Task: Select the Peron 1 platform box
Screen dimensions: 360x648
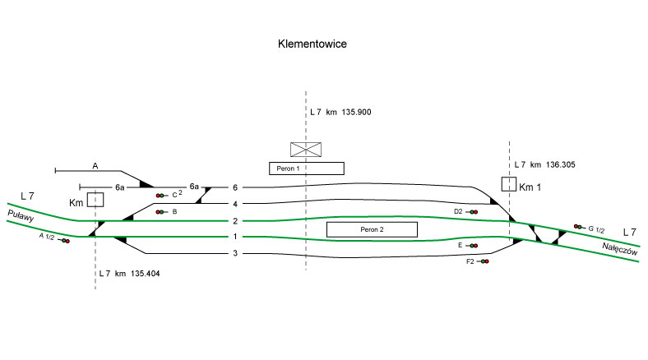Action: pyautogui.click(x=306, y=168)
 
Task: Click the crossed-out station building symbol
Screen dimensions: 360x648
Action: pyautogui.click(x=306, y=149)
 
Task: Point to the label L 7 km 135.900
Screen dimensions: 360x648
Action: pyautogui.click(x=340, y=112)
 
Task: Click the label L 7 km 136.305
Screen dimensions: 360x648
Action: pyautogui.click(x=544, y=165)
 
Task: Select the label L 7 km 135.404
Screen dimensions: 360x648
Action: pyautogui.click(x=128, y=273)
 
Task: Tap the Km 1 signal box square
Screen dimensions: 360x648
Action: pyautogui.click(x=509, y=184)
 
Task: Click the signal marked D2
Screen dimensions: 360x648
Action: pyautogui.click(x=474, y=212)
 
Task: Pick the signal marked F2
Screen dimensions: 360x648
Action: pyautogui.click(x=485, y=261)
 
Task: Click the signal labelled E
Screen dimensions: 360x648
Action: pyautogui.click(x=473, y=245)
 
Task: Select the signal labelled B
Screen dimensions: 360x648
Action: pyautogui.click(x=160, y=212)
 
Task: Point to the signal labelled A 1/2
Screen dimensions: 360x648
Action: pyautogui.click(x=65, y=241)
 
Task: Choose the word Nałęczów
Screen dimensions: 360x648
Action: pyautogui.click(x=619, y=248)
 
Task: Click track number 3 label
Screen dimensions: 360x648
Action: pyautogui.click(x=234, y=253)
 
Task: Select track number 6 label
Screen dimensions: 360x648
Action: pyautogui.click(x=234, y=187)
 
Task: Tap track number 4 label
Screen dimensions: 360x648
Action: pyautogui.click(x=234, y=204)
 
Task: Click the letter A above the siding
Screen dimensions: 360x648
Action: pyautogui.click(x=95, y=166)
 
